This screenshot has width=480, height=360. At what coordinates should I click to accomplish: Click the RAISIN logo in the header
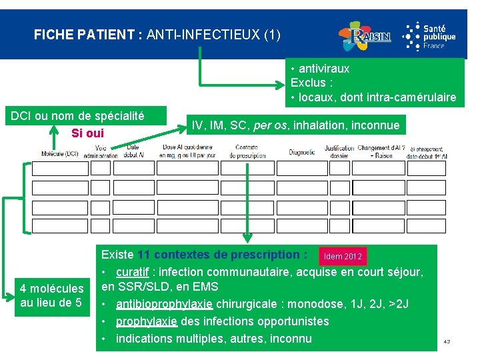(364, 36)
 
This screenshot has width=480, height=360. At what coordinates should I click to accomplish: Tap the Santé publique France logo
(430, 35)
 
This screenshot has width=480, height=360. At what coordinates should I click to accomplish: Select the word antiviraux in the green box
(324, 69)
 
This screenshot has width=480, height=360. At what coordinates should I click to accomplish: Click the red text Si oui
(87, 133)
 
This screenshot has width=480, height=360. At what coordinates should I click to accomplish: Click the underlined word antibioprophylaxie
(164, 304)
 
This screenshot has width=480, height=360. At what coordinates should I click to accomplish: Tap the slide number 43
(447, 342)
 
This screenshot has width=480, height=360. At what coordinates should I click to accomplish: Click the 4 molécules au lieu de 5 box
(52, 296)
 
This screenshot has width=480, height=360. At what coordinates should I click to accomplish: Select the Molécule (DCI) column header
(59, 153)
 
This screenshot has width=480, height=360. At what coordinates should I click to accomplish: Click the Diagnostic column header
(301, 152)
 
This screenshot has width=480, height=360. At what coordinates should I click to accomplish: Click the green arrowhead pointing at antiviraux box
(283, 85)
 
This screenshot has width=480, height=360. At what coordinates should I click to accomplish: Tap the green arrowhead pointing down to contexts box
(247, 238)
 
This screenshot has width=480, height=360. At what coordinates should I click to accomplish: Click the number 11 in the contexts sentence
(144, 255)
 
